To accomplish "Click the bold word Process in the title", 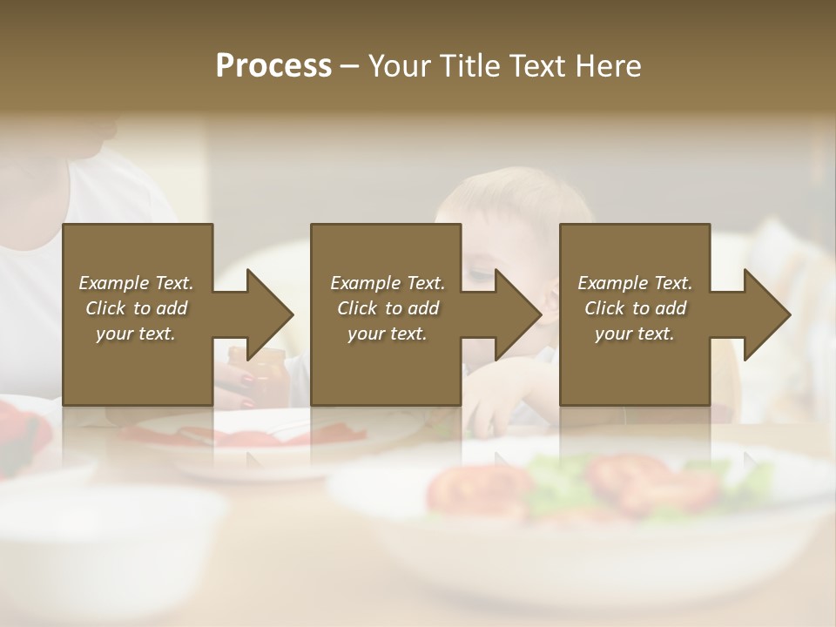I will (273, 66).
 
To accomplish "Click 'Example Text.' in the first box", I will (136, 283).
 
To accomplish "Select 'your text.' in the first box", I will (136, 334).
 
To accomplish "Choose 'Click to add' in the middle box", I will (388, 308).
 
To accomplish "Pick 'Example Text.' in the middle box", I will (388, 283).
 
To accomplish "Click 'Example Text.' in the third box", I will (635, 283).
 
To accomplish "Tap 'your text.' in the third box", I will (635, 334).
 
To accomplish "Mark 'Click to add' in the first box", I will (136, 308).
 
